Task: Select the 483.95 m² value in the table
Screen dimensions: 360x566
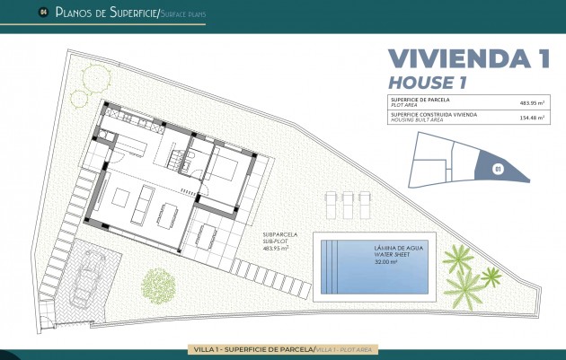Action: click(x=532, y=101)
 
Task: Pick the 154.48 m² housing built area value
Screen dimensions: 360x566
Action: click(x=532, y=117)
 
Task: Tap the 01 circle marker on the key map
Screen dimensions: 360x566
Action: click(x=499, y=167)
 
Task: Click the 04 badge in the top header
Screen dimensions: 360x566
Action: click(x=42, y=13)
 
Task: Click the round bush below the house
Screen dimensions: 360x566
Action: click(x=159, y=285)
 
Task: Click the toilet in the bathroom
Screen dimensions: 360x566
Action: click(x=190, y=163)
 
